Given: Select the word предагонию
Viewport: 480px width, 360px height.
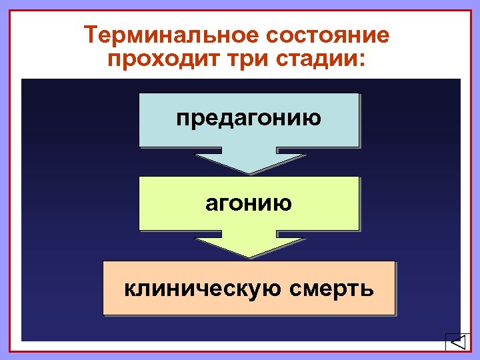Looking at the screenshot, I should point(249,119).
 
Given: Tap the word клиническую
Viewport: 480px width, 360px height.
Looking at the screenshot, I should point(204,289).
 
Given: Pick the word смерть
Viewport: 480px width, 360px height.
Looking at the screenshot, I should point(332,289).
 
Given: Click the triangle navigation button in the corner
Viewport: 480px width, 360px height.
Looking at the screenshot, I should point(457,343).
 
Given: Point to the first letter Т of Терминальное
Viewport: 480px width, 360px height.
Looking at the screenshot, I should point(92,35).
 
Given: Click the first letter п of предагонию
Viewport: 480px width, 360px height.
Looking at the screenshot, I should point(182,120).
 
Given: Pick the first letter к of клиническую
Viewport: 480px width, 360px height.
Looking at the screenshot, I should point(129,290).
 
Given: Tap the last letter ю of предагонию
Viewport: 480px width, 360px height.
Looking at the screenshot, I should point(313,120).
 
